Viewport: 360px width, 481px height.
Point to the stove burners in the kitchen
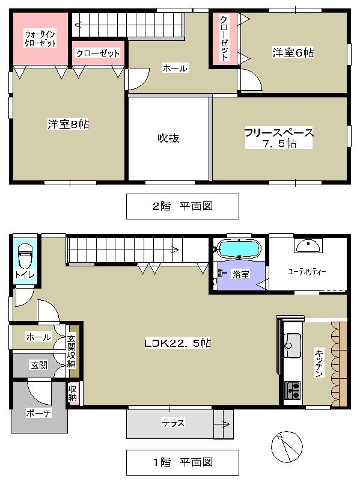[x=293, y=390]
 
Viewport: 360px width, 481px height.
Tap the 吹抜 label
[x=168, y=138]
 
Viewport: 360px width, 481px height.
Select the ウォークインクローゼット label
[x=40, y=38]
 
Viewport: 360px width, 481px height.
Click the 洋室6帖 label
[x=293, y=53]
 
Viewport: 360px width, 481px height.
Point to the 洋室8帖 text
[x=69, y=124]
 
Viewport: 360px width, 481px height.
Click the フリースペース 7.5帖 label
[x=279, y=138]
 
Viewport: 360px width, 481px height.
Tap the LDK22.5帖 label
[x=177, y=344]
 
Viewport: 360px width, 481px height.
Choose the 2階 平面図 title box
[x=182, y=206]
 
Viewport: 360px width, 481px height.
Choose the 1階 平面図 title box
[x=182, y=462]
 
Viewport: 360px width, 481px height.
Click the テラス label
[x=172, y=423]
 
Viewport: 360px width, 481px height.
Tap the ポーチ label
[x=38, y=412]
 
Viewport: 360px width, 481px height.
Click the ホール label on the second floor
[x=175, y=69]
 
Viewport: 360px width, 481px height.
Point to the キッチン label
[x=319, y=364]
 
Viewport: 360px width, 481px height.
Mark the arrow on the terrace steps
[x=223, y=424]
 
